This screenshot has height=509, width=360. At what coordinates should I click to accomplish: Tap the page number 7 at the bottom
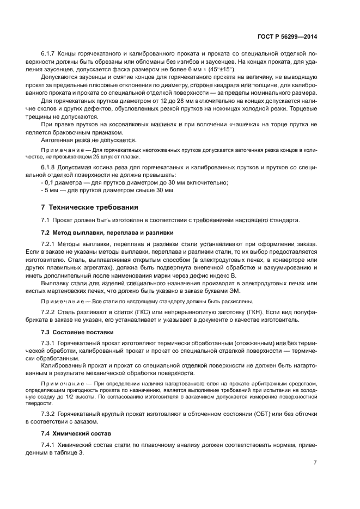[x=315, y=463]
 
